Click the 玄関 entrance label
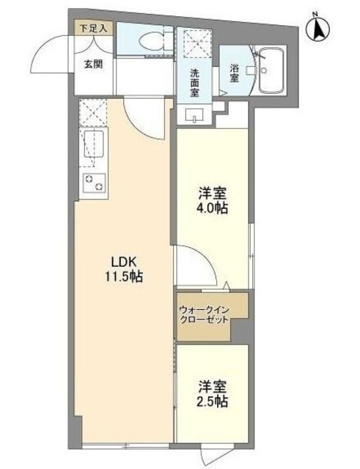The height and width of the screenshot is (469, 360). tap(92, 64)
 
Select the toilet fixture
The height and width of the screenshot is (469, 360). tap(151, 43)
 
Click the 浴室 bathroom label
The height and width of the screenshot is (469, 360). tap(235, 73)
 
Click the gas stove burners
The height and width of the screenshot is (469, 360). tap(93, 183)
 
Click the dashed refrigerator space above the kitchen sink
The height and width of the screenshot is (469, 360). tap(93, 112)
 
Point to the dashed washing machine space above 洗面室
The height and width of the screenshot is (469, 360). tap(196, 44)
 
